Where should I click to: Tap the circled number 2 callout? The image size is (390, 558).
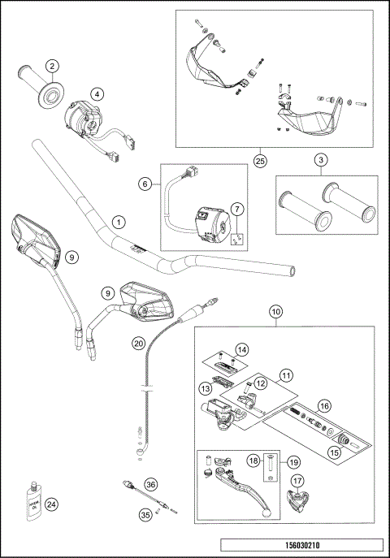(x=51, y=67)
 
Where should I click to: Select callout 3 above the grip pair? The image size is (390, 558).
(x=321, y=160)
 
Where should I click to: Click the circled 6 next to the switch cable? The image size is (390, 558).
(x=145, y=185)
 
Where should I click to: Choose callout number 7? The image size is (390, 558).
(x=237, y=210)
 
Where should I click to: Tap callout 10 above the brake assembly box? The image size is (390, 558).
(x=275, y=312)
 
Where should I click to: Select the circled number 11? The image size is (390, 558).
(x=286, y=377)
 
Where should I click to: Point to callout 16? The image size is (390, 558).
(x=324, y=404)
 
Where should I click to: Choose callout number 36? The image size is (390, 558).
(x=149, y=485)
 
